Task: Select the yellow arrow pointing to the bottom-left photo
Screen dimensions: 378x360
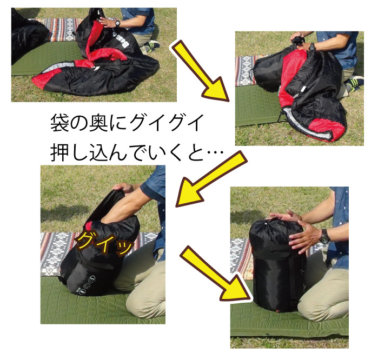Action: pyautogui.click(x=211, y=178)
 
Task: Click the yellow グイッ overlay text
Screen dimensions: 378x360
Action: pyautogui.click(x=104, y=244)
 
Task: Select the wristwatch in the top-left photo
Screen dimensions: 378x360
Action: pyautogui.click(x=117, y=23)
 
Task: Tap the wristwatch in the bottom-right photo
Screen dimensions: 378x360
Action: pyautogui.click(x=324, y=236)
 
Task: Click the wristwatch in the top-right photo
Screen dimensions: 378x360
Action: pyautogui.click(x=312, y=46)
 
